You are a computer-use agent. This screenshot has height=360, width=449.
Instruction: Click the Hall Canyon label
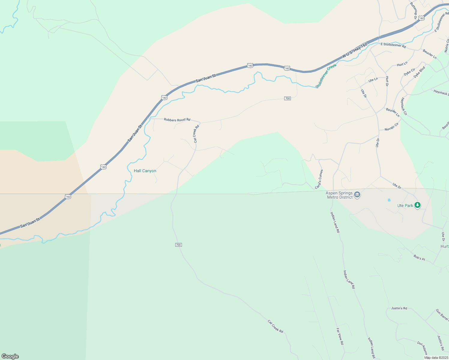[x=145, y=171]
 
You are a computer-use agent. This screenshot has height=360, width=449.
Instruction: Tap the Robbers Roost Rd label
[x=177, y=120]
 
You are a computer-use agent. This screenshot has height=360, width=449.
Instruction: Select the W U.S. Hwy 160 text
[x=355, y=50]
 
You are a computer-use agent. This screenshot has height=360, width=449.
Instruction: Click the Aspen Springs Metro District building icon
[x=357, y=195]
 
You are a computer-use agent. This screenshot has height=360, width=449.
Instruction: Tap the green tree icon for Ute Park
[x=417, y=205]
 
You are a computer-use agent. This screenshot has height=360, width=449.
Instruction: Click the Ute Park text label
[x=405, y=205]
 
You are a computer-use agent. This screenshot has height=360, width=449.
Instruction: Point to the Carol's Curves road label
[x=319, y=179]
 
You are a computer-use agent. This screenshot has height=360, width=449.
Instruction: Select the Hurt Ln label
[x=402, y=64]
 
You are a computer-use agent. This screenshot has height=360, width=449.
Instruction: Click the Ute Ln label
[x=373, y=80]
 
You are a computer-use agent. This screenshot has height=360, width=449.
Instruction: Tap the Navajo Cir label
[x=392, y=127]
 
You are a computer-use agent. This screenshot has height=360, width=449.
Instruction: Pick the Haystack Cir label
[x=404, y=106]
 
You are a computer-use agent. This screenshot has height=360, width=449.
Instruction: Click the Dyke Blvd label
[x=420, y=72]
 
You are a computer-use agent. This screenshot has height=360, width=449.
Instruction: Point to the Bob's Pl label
[x=419, y=257]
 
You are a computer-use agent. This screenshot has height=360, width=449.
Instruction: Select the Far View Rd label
[x=340, y=336]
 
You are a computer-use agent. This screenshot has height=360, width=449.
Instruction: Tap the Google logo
[x=10, y=356]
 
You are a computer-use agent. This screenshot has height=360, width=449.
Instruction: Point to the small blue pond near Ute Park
[x=389, y=200]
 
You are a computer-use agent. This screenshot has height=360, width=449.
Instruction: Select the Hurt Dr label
[x=387, y=81]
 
